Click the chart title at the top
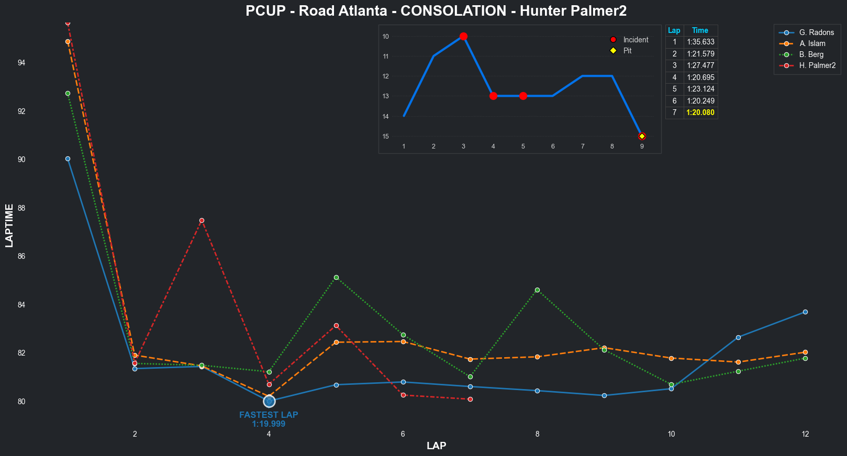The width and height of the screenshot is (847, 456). pyautogui.click(x=436, y=11)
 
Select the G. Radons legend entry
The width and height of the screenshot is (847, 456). pyautogui.click(x=816, y=32)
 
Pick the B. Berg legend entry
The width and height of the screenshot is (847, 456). pyautogui.click(x=811, y=54)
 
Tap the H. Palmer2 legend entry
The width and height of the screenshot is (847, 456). pyautogui.click(x=817, y=65)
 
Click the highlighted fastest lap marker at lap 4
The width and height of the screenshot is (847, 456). pyautogui.click(x=269, y=401)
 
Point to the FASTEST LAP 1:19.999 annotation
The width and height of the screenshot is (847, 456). pyautogui.click(x=269, y=419)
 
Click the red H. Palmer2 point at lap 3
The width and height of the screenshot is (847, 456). pyautogui.click(x=202, y=220)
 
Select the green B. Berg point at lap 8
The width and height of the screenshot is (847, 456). pyautogui.click(x=537, y=290)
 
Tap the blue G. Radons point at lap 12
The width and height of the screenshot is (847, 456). pyautogui.click(x=805, y=312)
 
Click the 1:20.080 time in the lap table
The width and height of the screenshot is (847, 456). pyautogui.click(x=700, y=112)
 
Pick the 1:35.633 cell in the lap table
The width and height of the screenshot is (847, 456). pyautogui.click(x=700, y=42)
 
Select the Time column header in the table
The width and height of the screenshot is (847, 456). pyautogui.click(x=700, y=30)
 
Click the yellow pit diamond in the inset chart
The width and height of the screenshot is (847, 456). pyautogui.click(x=642, y=136)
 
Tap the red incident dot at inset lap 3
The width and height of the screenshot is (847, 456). pyautogui.click(x=463, y=36)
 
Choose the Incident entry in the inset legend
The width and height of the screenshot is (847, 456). pyautogui.click(x=635, y=40)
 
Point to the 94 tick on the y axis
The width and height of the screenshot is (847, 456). pyautogui.click(x=21, y=63)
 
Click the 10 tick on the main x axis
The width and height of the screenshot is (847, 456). pyautogui.click(x=671, y=434)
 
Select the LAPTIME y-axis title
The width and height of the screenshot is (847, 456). pyautogui.click(x=9, y=226)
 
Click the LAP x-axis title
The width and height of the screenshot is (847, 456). pyautogui.click(x=436, y=446)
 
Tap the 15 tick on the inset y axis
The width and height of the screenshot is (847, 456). pyautogui.click(x=386, y=136)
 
